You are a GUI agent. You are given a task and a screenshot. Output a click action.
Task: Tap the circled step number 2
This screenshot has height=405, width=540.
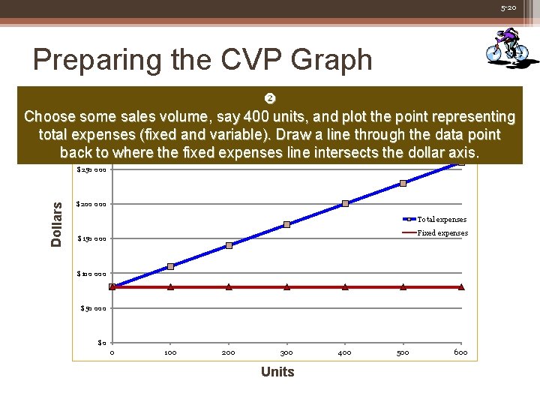point(270,100)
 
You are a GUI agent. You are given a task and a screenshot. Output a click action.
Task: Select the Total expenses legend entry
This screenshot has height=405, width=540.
point(441,219)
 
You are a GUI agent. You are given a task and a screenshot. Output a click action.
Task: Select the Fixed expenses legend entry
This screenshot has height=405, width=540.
point(442,232)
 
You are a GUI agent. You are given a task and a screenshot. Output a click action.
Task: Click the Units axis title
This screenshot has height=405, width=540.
point(277,372)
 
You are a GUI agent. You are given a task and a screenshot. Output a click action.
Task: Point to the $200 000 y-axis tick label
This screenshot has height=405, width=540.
point(92,204)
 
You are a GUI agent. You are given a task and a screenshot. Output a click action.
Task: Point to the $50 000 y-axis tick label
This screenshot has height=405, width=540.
point(94,308)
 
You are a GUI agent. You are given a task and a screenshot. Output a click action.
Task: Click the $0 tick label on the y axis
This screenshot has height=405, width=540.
point(102,343)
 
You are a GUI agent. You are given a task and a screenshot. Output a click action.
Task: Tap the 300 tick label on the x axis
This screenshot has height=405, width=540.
point(286,352)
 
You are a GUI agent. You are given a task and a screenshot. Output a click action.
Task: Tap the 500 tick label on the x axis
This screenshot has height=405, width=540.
point(403,352)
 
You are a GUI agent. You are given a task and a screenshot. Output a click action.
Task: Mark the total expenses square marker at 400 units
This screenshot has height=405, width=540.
point(345,203)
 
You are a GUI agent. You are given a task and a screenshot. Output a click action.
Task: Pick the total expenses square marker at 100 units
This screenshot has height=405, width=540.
point(170,266)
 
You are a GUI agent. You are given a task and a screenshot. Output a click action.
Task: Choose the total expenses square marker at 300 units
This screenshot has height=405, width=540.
point(286,224)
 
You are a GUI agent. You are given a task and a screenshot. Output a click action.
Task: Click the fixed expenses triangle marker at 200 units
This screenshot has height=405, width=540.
point(229,286)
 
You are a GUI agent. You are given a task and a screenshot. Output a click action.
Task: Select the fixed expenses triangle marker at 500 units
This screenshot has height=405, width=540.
point(403,286)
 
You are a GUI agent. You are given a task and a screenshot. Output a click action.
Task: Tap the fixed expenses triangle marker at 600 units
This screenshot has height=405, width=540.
point(460,286)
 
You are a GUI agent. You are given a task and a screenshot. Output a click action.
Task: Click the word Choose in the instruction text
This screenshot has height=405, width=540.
point(50,117)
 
